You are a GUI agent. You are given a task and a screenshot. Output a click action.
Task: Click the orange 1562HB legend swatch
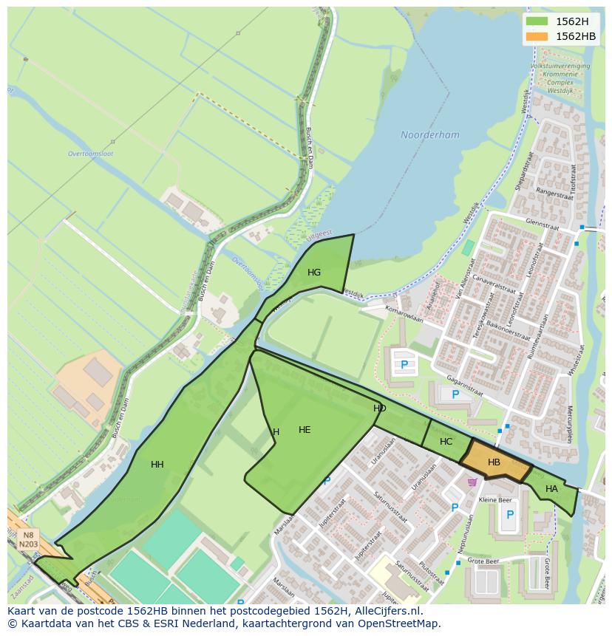coord(538,36)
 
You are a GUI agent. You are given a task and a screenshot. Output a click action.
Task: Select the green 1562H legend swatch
coord(538,21)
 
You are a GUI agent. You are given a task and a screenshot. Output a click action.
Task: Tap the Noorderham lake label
coord(429,135)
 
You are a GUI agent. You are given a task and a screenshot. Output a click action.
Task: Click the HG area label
coord(314,273)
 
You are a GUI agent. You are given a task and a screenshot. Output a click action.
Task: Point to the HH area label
coord(157,465)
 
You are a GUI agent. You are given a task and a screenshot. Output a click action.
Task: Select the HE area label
coord(305,430)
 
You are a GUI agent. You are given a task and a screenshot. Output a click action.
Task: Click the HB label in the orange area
coord(494,462)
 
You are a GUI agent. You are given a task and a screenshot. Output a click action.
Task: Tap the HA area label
coord(551,489)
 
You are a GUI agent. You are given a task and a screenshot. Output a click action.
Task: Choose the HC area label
coord(446,442)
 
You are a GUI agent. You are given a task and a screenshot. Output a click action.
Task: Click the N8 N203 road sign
coord(27,539)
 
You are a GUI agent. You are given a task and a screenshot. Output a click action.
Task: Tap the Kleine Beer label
coord(495,500)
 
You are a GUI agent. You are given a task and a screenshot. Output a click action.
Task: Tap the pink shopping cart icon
coord(472,482)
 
